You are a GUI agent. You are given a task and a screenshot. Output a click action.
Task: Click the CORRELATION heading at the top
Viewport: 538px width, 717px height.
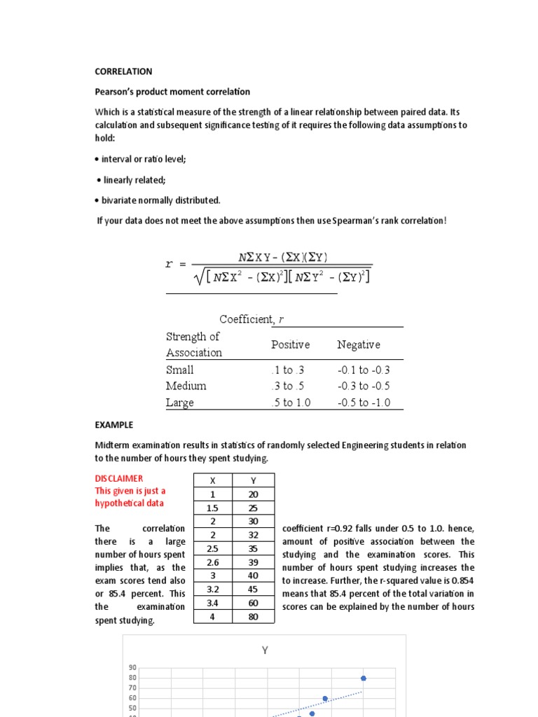tap(123, 71)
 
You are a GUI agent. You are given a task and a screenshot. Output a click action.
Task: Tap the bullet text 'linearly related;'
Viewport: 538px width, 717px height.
tap(134, 180)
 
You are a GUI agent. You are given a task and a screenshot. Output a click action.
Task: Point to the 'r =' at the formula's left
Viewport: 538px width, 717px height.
tap(175, 264)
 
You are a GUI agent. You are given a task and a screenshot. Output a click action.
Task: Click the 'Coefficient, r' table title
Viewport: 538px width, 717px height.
tap(251, 319)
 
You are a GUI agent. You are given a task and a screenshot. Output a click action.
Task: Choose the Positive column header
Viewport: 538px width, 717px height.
tap(290, 344)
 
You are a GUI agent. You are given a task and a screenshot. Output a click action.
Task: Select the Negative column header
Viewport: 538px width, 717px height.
tap(358, 344)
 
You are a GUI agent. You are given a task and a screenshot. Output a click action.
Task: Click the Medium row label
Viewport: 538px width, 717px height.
tap(186, 386)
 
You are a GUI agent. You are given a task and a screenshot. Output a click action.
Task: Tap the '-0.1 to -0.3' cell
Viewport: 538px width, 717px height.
tap(363, 370)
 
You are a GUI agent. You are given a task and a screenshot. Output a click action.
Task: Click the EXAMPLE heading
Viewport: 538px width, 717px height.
tap(113, 425)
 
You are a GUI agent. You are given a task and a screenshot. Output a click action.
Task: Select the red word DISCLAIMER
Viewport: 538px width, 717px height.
tap(118, 478)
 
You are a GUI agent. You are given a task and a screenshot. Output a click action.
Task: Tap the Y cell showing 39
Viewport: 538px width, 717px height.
tap(254, 563)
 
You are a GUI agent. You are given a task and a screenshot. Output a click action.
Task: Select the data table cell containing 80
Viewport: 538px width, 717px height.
tap(254, 618)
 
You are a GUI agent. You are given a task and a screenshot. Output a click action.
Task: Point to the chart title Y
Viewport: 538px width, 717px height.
tap(265, 650)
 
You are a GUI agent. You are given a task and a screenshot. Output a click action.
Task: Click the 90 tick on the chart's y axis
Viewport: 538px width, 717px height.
tap(132, 668)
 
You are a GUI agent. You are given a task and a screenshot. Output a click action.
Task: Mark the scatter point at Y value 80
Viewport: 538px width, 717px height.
tap(364, 678)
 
